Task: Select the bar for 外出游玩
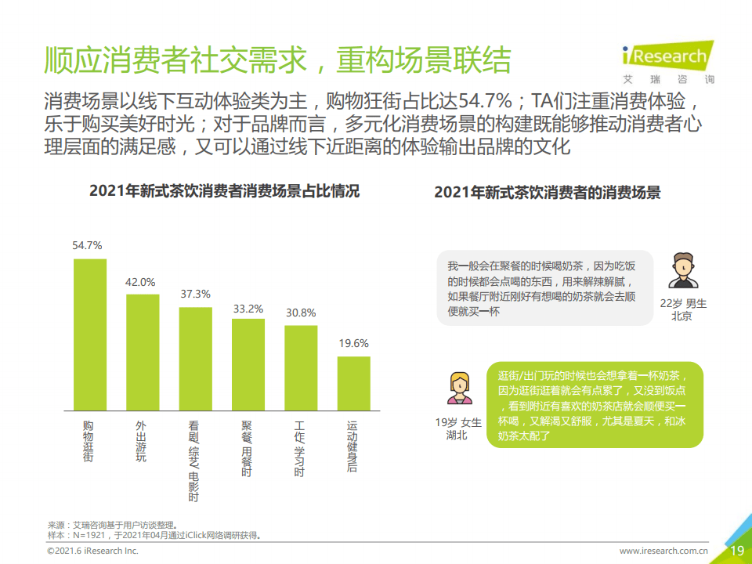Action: (143, 352)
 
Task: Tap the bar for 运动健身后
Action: (353, 384)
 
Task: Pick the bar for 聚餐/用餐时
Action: (248, 365)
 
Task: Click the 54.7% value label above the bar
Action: (87, 245)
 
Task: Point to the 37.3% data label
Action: (195, 294)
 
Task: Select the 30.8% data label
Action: (300, 312)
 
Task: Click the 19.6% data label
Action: (353, 343)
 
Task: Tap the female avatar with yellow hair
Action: (459, 387)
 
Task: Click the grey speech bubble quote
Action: (544, 287)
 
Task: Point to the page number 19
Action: (736, 551)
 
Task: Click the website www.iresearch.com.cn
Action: (663, 551)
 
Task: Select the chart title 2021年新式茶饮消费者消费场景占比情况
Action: (224, 191)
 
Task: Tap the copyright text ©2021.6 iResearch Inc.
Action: (93, 551)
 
